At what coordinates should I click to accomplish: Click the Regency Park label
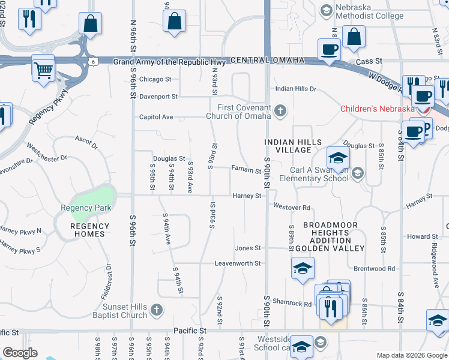pyautogui.click(x=86, y=208)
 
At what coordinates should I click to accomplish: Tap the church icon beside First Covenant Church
pyautogui.click(x=280, y=111)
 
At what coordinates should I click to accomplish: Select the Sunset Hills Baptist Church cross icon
pyautogui.click(x=156, y=310)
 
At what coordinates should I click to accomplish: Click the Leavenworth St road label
pyautogui.click(x=238, y=263)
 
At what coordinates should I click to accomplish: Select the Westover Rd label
pyautogui.click(x=292, y=208)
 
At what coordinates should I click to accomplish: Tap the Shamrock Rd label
pyautogui.click(x=292, y=304)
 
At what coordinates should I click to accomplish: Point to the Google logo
pyautogui.click(x=20, y=353)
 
